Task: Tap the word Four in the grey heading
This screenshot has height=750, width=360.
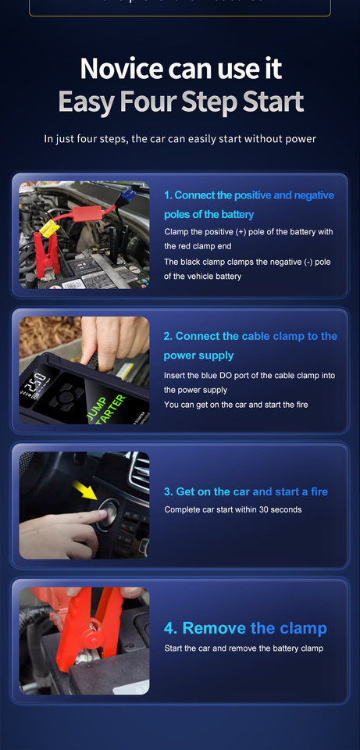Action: tap(176, 102)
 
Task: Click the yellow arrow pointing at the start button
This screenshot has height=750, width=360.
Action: tap(84, 492)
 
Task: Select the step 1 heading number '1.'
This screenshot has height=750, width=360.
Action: tap(168, 195)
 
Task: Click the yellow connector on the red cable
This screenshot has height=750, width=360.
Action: tap(47, 228)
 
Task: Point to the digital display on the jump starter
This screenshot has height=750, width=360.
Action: tap(34, 385)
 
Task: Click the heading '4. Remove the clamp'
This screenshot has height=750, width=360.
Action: tap(245, 629)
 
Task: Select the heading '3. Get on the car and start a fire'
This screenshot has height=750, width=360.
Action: tap(246, 491)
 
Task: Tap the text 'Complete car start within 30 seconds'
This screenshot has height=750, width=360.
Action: tap(233, 509)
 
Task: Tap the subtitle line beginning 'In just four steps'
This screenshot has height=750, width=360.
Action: tap(180, 139)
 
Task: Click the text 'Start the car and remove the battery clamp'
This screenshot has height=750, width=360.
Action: tap(243, 648)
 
